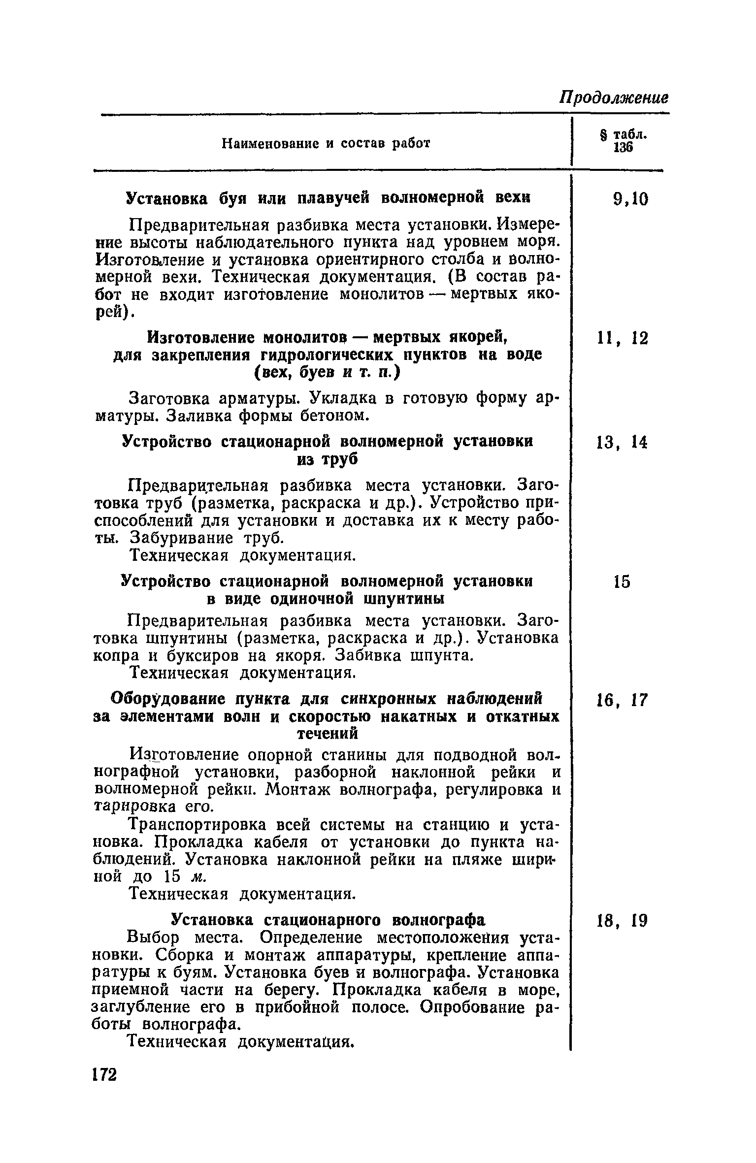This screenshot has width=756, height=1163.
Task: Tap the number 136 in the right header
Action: click(623, 148)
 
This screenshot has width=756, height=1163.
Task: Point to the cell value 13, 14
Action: click(622, 443)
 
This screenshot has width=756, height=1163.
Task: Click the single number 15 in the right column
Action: click(621, 582)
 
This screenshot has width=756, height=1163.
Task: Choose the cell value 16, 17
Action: click(622, 700)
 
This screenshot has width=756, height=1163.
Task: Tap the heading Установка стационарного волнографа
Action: click(328, 919)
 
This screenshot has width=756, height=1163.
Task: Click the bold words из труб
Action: click(327, 459)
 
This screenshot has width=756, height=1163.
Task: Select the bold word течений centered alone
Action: click(327, 733)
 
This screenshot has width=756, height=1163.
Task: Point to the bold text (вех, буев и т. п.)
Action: click(327, 373)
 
